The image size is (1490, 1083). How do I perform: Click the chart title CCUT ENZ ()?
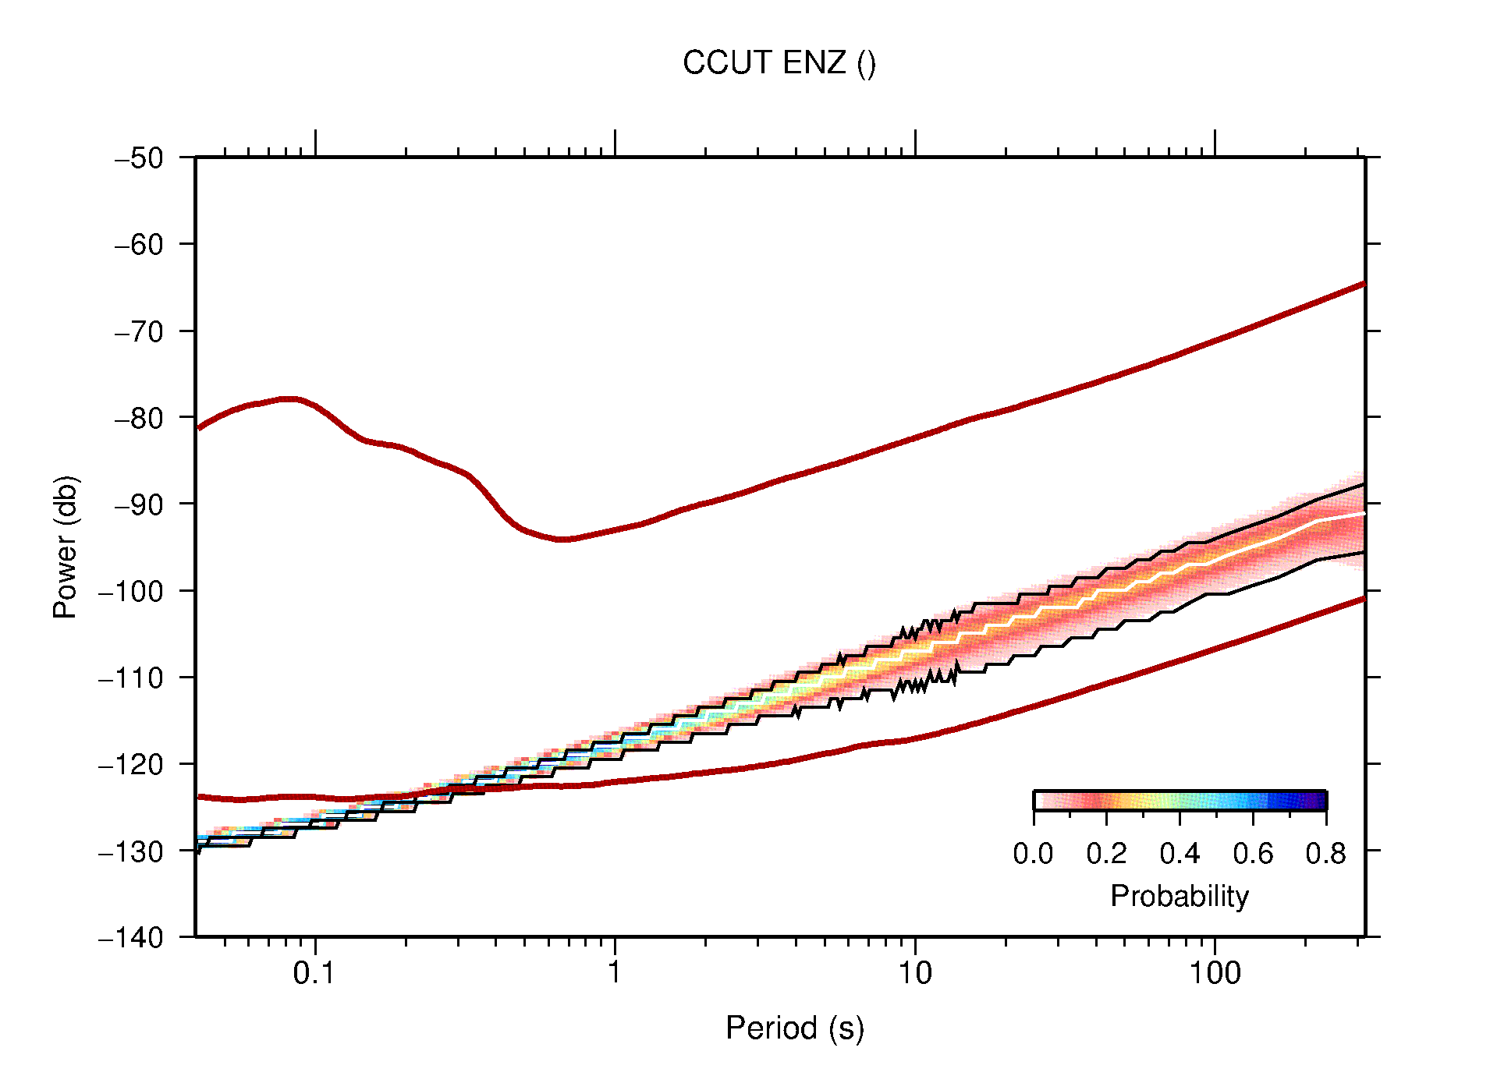pos(779,63)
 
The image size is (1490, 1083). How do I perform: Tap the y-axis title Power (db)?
pos(66,547)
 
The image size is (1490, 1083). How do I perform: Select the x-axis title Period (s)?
pos(794,1028)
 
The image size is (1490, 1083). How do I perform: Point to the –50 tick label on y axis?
pos(139,158)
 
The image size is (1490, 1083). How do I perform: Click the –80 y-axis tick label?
pos(139,418)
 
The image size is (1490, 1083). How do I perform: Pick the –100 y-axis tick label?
pos(131,591)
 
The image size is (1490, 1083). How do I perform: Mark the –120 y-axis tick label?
pos(131,764)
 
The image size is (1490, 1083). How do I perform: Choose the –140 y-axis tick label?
pos(131,937)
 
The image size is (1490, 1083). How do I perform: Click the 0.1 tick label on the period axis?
pos(314,973)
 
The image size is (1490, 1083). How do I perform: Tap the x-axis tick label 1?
pos(615,973)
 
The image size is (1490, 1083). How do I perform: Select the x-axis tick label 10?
pos(914,973)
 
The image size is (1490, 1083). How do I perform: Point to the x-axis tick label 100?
pos(1215,973)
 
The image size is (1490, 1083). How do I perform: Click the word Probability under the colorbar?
pos(1179,897)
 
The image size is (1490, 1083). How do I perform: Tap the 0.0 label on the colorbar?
pos(1033,854)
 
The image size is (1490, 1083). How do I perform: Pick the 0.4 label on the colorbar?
pos(1180,854)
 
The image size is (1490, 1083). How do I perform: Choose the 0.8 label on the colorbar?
pos(1325,854)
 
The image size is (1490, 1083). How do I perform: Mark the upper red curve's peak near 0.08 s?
pos(289,398)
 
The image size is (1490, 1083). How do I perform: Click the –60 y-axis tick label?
pos(139,245)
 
